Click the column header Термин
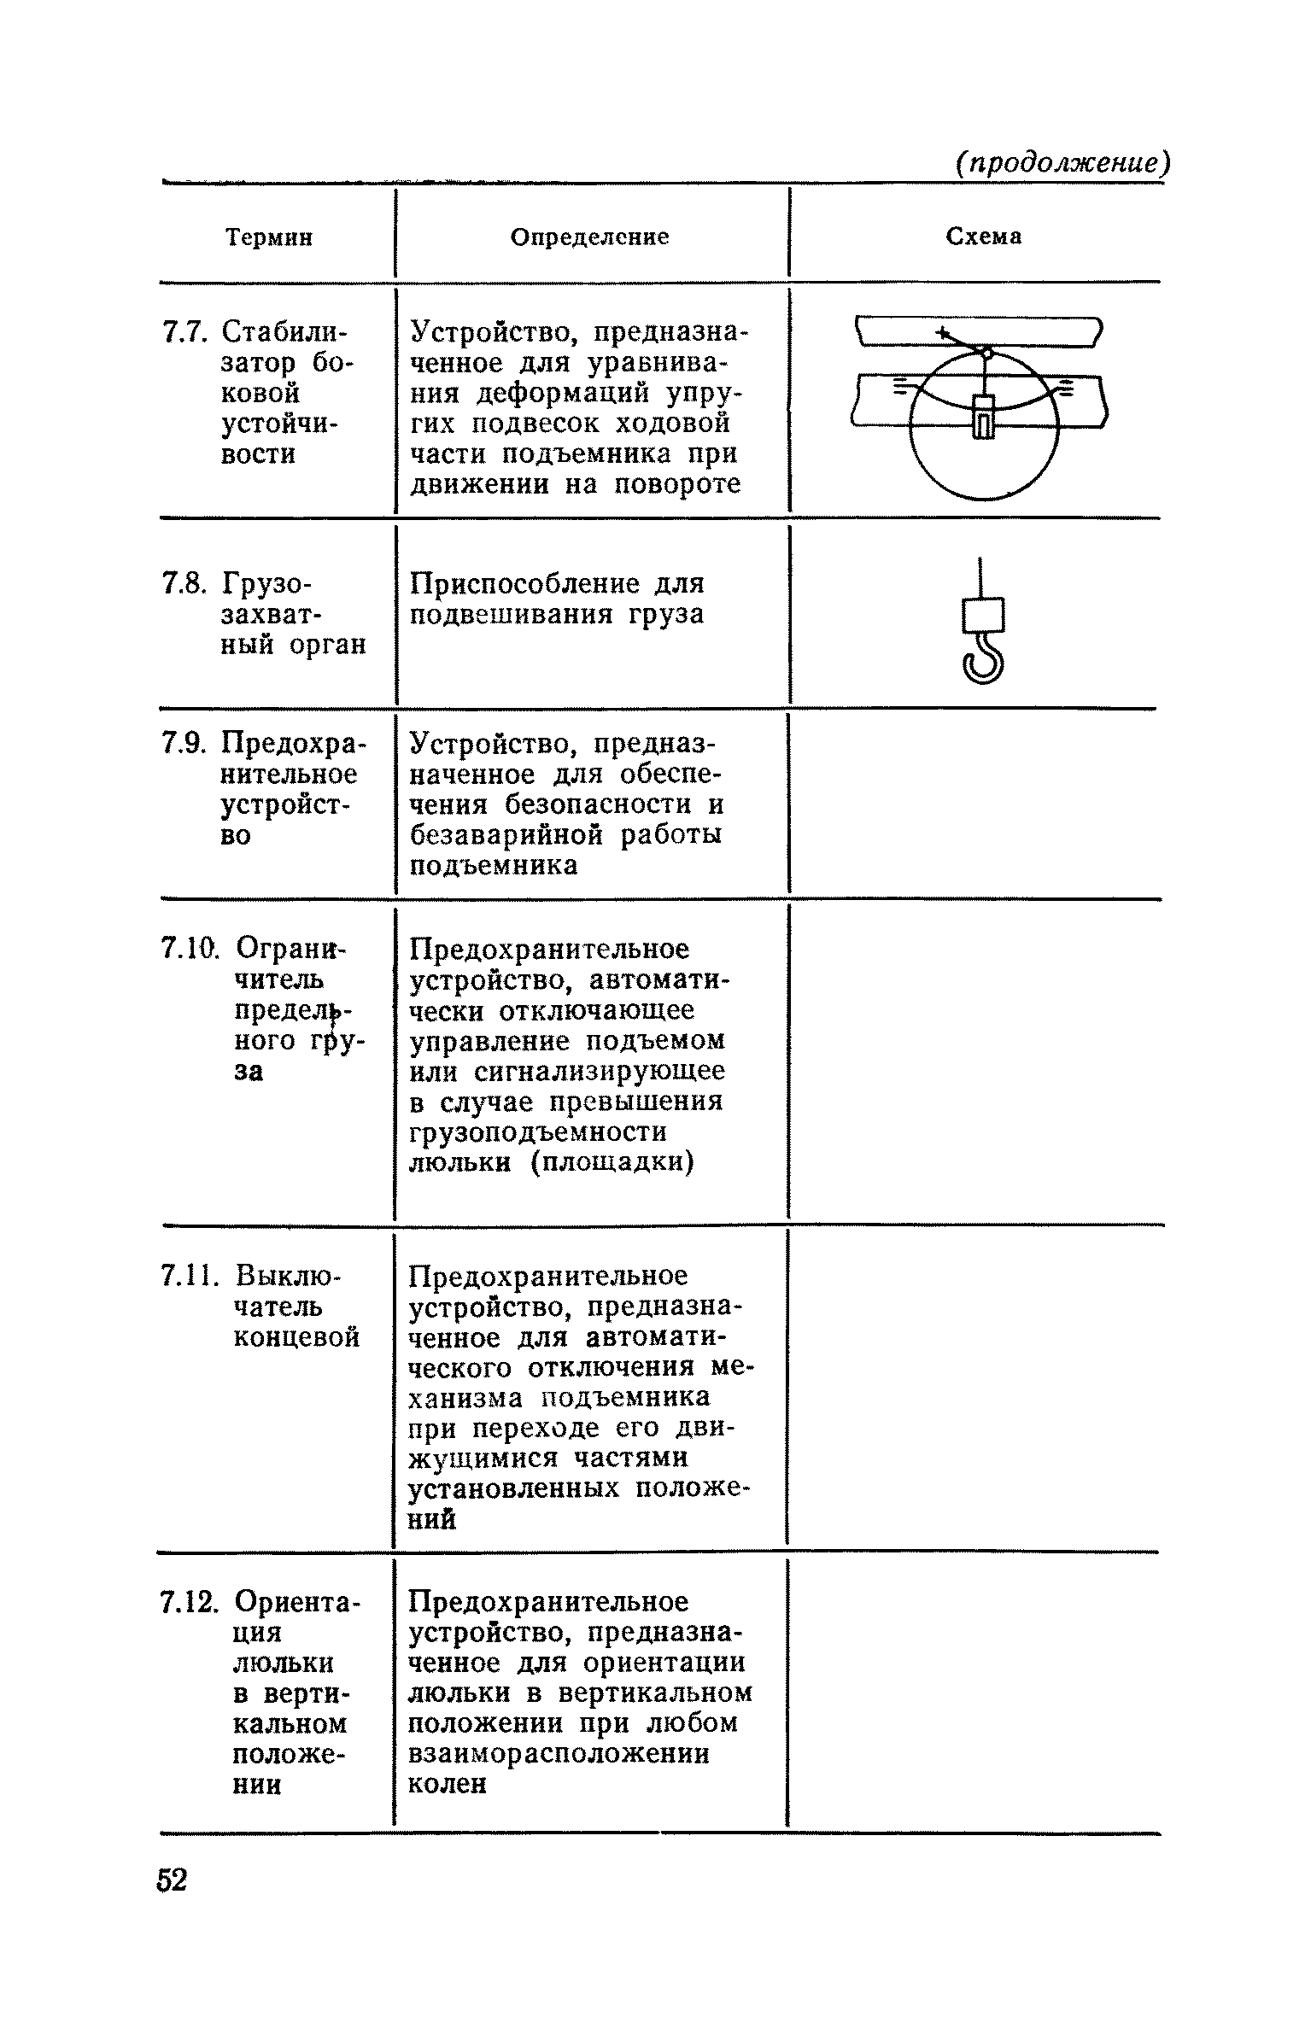coord(269,237)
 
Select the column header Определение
coord(589,237)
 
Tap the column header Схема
coord(983,237)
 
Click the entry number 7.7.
coord(184,331)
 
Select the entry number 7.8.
coord(184,584)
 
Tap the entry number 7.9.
coord(184,744)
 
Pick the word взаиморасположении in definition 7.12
coord(559,1754)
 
